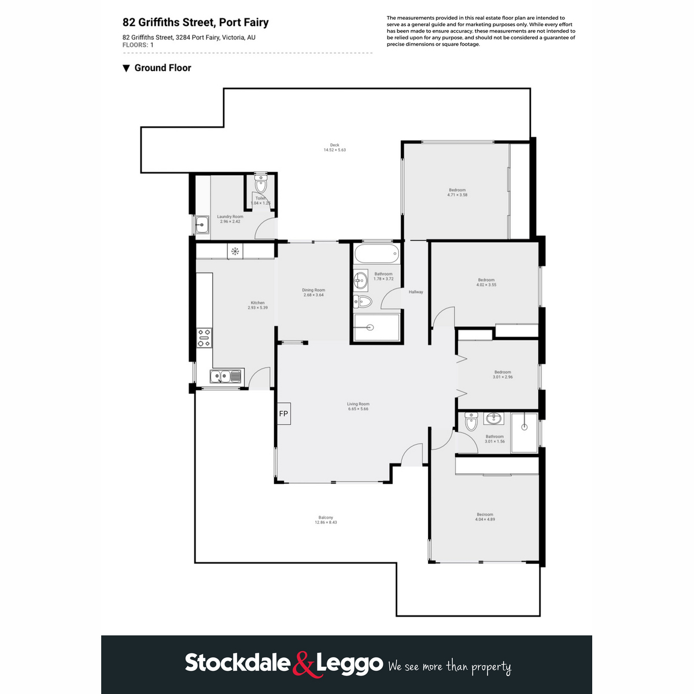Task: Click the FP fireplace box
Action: pyautogui.click(x=283, y=414)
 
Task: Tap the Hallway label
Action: pyautogui.click(x=416, y=292)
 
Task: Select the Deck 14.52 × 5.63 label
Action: pyautogui.click(x=334, y=147)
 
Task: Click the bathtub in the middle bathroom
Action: pyautogui.click(x=376, y=253)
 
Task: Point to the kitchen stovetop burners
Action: pyautogui.click(x=204, y=338)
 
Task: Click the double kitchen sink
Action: pyautogui.click(x=226, y=377)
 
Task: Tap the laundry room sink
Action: pyautogui.click(x=202, y=224)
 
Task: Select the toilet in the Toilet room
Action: pyautogui.click(x=261, y=185)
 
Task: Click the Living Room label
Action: pyautogui.click(x=358, y=407)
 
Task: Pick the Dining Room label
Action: pyautogui.click(x=313, y=293)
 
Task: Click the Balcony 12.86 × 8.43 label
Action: pyautogui.click(x=326, y=520)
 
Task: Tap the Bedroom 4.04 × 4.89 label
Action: pyautogui.click(x=485, y=516)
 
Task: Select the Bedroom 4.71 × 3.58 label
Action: pyautogui.click(x=457, y=193)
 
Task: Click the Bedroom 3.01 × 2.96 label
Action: pyautogui.click(x=503, y=374)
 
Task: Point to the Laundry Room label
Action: pyautogui.click(x=230, y=219)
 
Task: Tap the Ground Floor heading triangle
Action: pyautogui.click(x=127, y=68)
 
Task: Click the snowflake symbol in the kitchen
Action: pyautogui.click(x=235, y=251)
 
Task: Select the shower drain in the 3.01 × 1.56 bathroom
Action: pyautogui.click(x=525, y=427)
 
